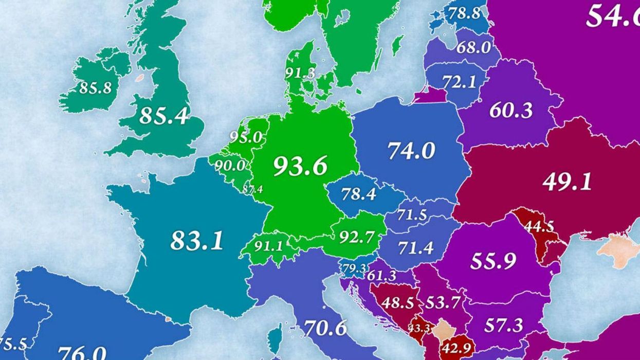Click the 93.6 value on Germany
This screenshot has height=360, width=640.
tap(300, 166)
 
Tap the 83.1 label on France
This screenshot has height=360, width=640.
tap(197, 240)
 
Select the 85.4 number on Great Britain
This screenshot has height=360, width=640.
tap(163, 116)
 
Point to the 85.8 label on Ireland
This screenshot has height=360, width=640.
tap(95, 88)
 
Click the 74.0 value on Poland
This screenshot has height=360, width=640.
tap(411, 151)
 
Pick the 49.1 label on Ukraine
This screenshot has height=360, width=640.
tap(567, 182)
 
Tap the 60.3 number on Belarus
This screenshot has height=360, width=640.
tap(511, 110)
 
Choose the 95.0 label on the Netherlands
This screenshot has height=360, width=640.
tap(246, 138)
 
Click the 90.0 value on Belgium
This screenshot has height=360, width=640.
tap(230, 166)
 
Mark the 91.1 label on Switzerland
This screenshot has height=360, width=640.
tap(268, 246)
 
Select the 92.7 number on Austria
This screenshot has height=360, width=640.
tap(356, 236)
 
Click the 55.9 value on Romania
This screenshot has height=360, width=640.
tap(492, 261)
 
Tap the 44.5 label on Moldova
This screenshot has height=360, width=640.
tap(538, 226)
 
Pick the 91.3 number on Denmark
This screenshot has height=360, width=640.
tap(300, 73)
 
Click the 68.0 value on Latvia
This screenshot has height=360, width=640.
tap(473, 47)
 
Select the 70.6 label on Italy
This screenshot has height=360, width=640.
tap(325, 328)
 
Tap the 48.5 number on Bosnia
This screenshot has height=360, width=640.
tap(397, 302)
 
